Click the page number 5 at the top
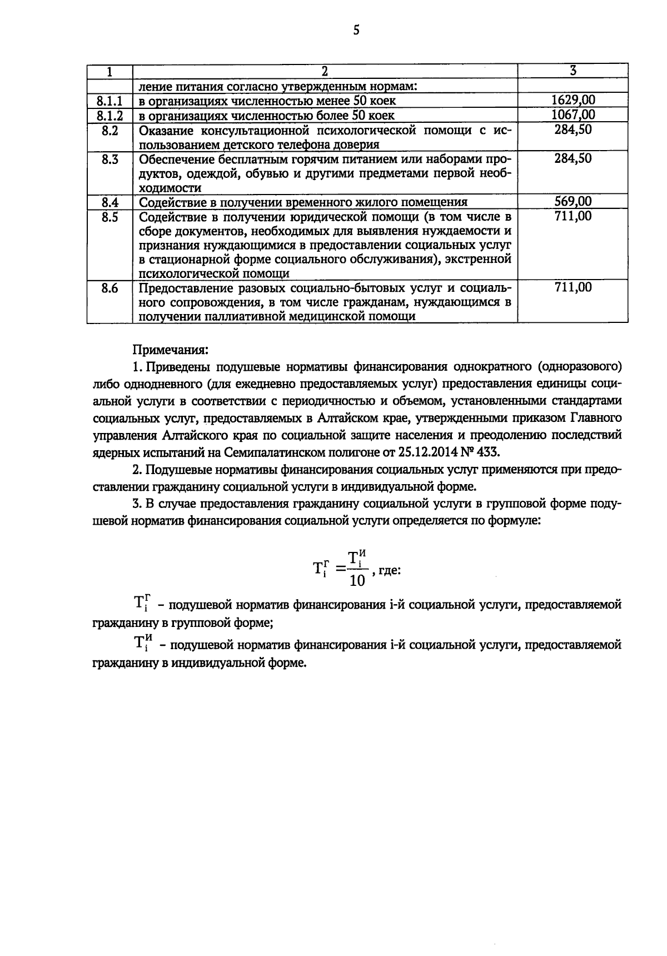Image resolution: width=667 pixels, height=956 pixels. click(x=356, y=31)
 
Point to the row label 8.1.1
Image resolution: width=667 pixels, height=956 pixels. click(x=109, y=101)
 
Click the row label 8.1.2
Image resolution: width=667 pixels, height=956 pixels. click(x=109, y=116)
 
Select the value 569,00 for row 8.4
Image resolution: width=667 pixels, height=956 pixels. click(x=573, y=202)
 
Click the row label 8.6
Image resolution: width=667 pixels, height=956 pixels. click(x=109, y=288)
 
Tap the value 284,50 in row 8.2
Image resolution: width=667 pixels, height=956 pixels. click(x=573, y=130)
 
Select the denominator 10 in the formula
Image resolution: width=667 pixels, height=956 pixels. click(x=357, y=581)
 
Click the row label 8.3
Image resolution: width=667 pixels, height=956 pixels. click(x=109, y=159)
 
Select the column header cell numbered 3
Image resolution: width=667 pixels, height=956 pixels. click(x=573, y=71)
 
